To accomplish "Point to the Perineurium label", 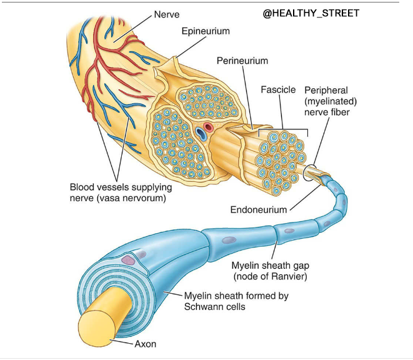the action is (x=242, y=61).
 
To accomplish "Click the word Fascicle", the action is (x=278, y=89).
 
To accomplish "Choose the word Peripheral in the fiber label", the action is (x=325, y=91).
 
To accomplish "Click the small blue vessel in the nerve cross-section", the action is (x=201, y=132).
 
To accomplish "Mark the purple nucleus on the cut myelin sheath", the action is (x=128, y=259).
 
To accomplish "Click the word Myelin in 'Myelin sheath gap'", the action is (x=245, y=264).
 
